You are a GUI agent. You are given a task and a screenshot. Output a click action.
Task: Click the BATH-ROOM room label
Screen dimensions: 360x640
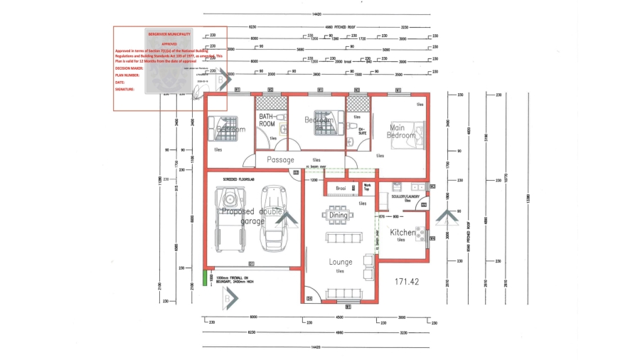[x=267, y=120]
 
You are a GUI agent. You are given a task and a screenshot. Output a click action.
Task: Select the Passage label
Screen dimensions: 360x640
[x=280, y=160]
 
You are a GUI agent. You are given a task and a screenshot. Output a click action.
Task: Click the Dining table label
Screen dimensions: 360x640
[x=338, y=215]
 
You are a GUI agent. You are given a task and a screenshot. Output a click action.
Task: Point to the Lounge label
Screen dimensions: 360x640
[x=341, y=262]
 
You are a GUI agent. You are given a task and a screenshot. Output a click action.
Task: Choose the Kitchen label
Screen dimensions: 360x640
[x=402, y=233]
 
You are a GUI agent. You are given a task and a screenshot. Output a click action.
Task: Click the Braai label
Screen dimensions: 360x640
[x=341, y=189]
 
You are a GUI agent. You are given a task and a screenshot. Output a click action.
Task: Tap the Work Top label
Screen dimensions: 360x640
[x=368, y=189]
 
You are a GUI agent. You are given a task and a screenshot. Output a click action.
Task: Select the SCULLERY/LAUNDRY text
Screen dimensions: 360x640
[x=407, y=196]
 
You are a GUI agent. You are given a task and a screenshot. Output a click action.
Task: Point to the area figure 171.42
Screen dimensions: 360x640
[x=407, y=282]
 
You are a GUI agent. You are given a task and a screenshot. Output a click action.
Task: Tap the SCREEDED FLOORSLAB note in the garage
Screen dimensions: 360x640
[x=238, y=179]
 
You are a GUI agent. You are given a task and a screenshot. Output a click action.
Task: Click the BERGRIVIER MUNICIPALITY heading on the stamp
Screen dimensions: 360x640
[x=169, y=33]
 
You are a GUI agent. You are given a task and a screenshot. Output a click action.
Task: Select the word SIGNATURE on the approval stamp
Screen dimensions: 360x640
[x=126, y=89]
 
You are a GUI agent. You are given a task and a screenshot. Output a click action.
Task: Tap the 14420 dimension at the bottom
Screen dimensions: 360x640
[x=318, y=346]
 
